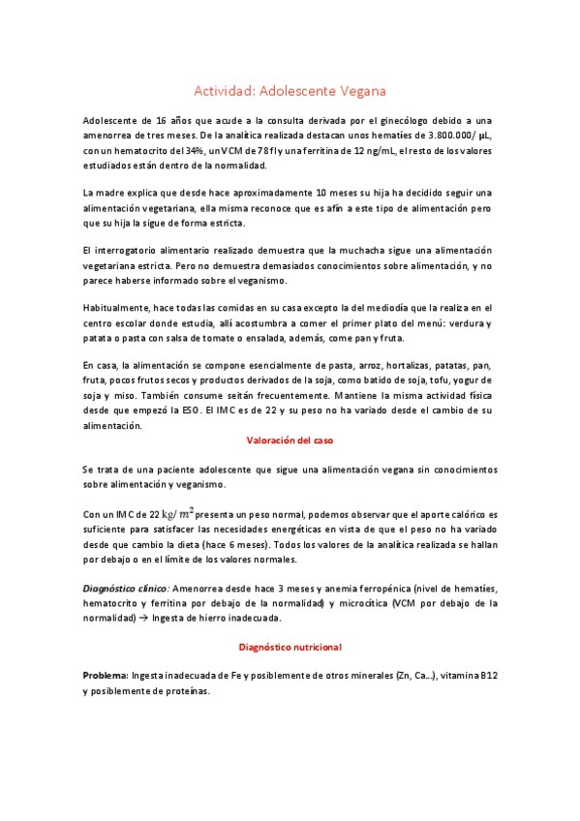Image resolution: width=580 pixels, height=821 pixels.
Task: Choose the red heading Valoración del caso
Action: tap(290, 441)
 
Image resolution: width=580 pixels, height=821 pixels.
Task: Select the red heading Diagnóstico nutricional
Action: tap(290, 647)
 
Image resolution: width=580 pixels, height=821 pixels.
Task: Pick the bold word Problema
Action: tap(106, 675)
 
